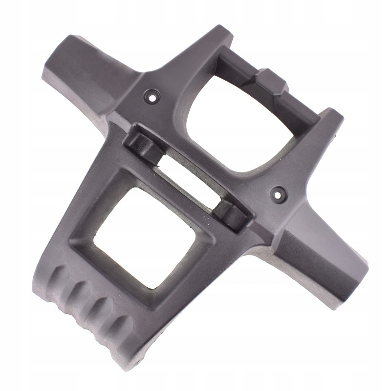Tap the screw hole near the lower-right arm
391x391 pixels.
(x=279, y=194)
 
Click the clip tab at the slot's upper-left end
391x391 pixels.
(x=142, y=144)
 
